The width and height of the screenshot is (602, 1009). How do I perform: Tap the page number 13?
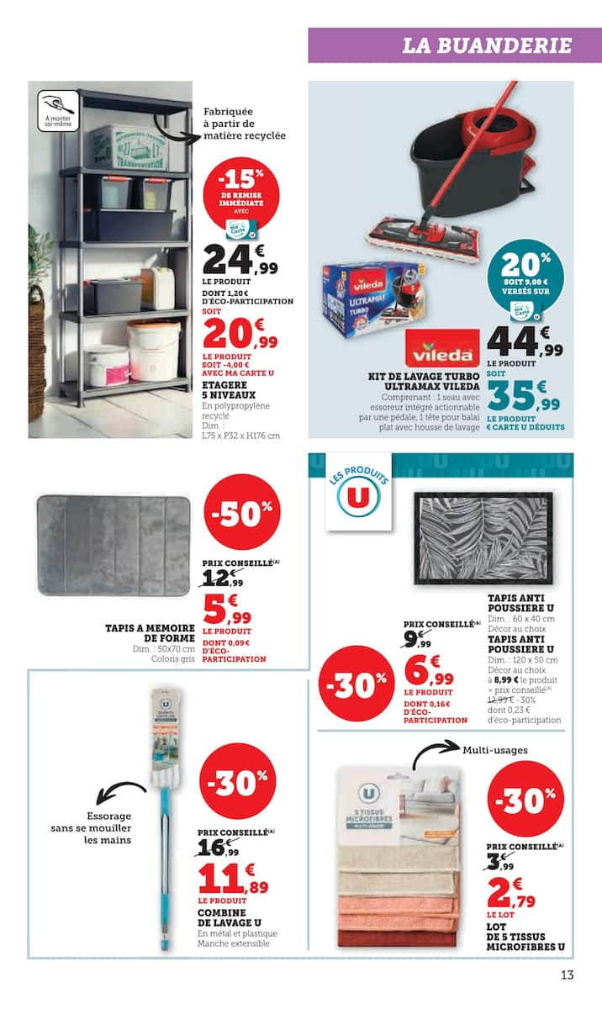tap(568, 975)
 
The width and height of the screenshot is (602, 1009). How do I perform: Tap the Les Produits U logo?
tap(353, 498)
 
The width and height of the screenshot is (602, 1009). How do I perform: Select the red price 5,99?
tap(227, 609)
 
